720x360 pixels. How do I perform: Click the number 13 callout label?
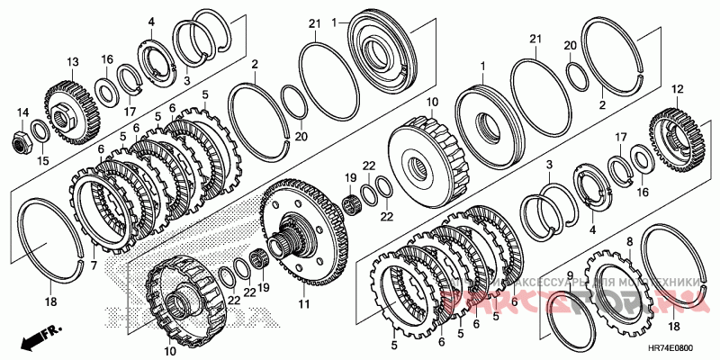[72, 60]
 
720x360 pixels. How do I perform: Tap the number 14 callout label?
[20, 111]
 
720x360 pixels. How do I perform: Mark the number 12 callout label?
[678, 88]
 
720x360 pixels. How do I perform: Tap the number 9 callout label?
[569, 275]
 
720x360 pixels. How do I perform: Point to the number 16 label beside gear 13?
[106, 59]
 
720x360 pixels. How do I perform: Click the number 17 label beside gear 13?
[130, 112]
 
